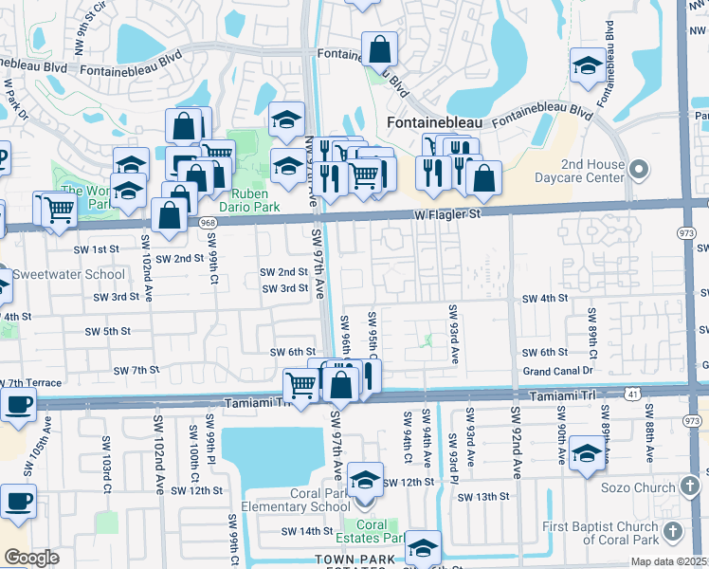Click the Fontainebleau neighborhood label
pyautogui.click(x=435, y=123)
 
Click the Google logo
pyautogui.click(x=31, y=558)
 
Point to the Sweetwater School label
pyautogui.click(x=69, y=274)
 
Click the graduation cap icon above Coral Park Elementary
pyautogui.click(x=364, y=480)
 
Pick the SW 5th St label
pyautogui.click(x=107, y=331)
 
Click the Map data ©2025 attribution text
pyautogui.click(x=669, y=561)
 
